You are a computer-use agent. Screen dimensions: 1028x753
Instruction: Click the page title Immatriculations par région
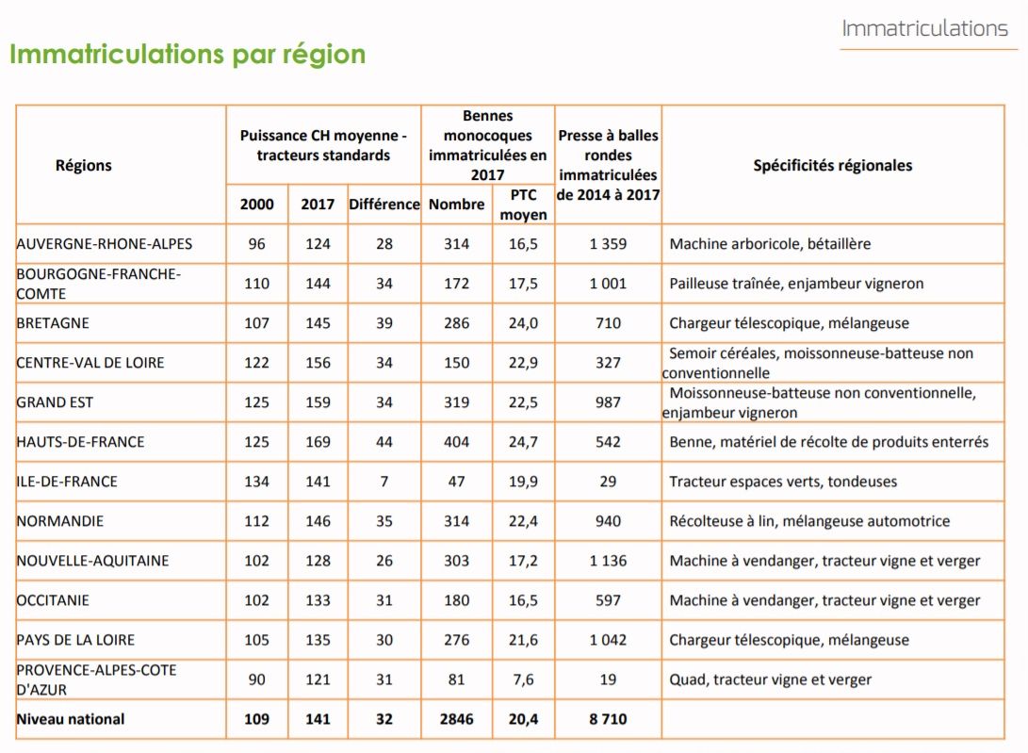[x=188, y=55]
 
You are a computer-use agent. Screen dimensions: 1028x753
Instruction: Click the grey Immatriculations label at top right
[x=924, y=28]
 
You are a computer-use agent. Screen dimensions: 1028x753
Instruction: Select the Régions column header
[x=83, y=165]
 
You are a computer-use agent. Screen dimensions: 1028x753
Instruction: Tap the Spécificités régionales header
[x=833, y=165]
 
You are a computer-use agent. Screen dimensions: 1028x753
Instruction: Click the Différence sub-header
[x=384, y=204]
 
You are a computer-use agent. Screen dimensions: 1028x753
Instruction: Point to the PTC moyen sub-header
[x=523, y=205]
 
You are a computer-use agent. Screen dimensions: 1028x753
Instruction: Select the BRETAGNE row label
[x=53, y=323]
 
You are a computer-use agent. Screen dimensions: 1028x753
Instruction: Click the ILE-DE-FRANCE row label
[x=67, y=482]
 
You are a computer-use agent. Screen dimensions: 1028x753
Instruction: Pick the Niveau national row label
[x=70, y=719]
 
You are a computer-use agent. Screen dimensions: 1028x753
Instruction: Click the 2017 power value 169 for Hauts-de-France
[x=318, y=442]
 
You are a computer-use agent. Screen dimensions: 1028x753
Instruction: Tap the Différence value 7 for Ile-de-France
[x=384, y=482]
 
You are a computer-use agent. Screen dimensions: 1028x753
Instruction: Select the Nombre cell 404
[x=456, y=442]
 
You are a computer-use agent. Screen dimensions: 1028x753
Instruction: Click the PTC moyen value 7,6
[x=523, y=679]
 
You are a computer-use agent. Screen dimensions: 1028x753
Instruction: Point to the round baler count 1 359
[x=608, y=244]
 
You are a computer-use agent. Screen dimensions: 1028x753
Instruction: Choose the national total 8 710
[x=608, y=719]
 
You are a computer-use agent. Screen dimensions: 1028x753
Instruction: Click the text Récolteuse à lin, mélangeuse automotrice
[x=809, y=521]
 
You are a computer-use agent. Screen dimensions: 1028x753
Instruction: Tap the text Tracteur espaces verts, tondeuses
[x=783, y=482]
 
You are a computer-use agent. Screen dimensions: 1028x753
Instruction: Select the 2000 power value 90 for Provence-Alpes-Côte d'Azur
[x=256, y=679]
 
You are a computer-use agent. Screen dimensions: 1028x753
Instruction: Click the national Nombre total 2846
[x=456, y=719]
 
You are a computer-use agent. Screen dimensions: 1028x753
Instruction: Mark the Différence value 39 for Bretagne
[x=384, y=323]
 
